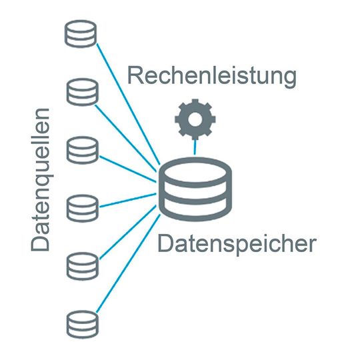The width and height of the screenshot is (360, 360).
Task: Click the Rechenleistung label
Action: pyautogui.click(x=211, y=76)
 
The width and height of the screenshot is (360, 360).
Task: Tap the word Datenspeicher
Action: pyautogui.click(x=236, y=244)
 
